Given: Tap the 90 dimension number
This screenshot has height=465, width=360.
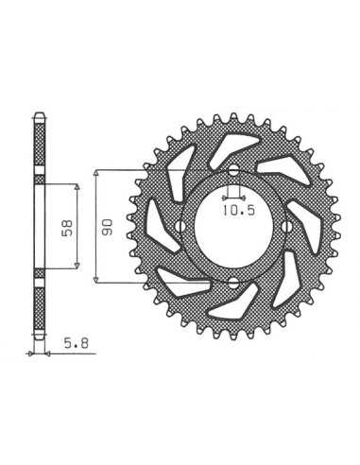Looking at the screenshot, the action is point(107,227).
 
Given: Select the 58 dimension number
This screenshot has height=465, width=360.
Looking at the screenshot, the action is point(68,227).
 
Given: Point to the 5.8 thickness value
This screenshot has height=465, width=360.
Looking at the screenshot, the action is point(77,343).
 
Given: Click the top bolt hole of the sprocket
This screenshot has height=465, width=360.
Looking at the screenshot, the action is point(233,171).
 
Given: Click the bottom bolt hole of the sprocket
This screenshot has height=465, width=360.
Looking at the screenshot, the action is point(233,283).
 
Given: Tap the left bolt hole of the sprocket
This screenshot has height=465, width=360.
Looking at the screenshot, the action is point(180,226).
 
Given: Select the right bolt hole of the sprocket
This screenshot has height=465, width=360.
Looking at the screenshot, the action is point(286,226).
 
